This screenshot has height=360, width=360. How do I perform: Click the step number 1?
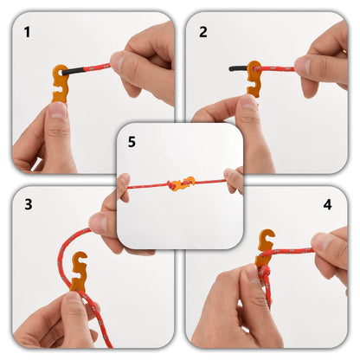pyautogui.click(x=27, y=33)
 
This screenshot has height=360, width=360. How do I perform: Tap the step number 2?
pyautogui.click(x=203, y=32)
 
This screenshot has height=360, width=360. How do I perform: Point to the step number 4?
pyautogui.click(x=327, y=205)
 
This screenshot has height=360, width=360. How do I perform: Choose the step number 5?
pyautogui.click(x=132, y=140)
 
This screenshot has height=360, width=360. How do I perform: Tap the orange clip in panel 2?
pyautogui.click(x=254, y=78)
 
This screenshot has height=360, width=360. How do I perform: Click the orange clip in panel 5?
pyautogui.click(x=181, y=183)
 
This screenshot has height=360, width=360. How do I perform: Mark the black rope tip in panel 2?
pyautogui.click(x=236, y=67)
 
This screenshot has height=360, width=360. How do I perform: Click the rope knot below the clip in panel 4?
pyautogui.click(x=265, y=275)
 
